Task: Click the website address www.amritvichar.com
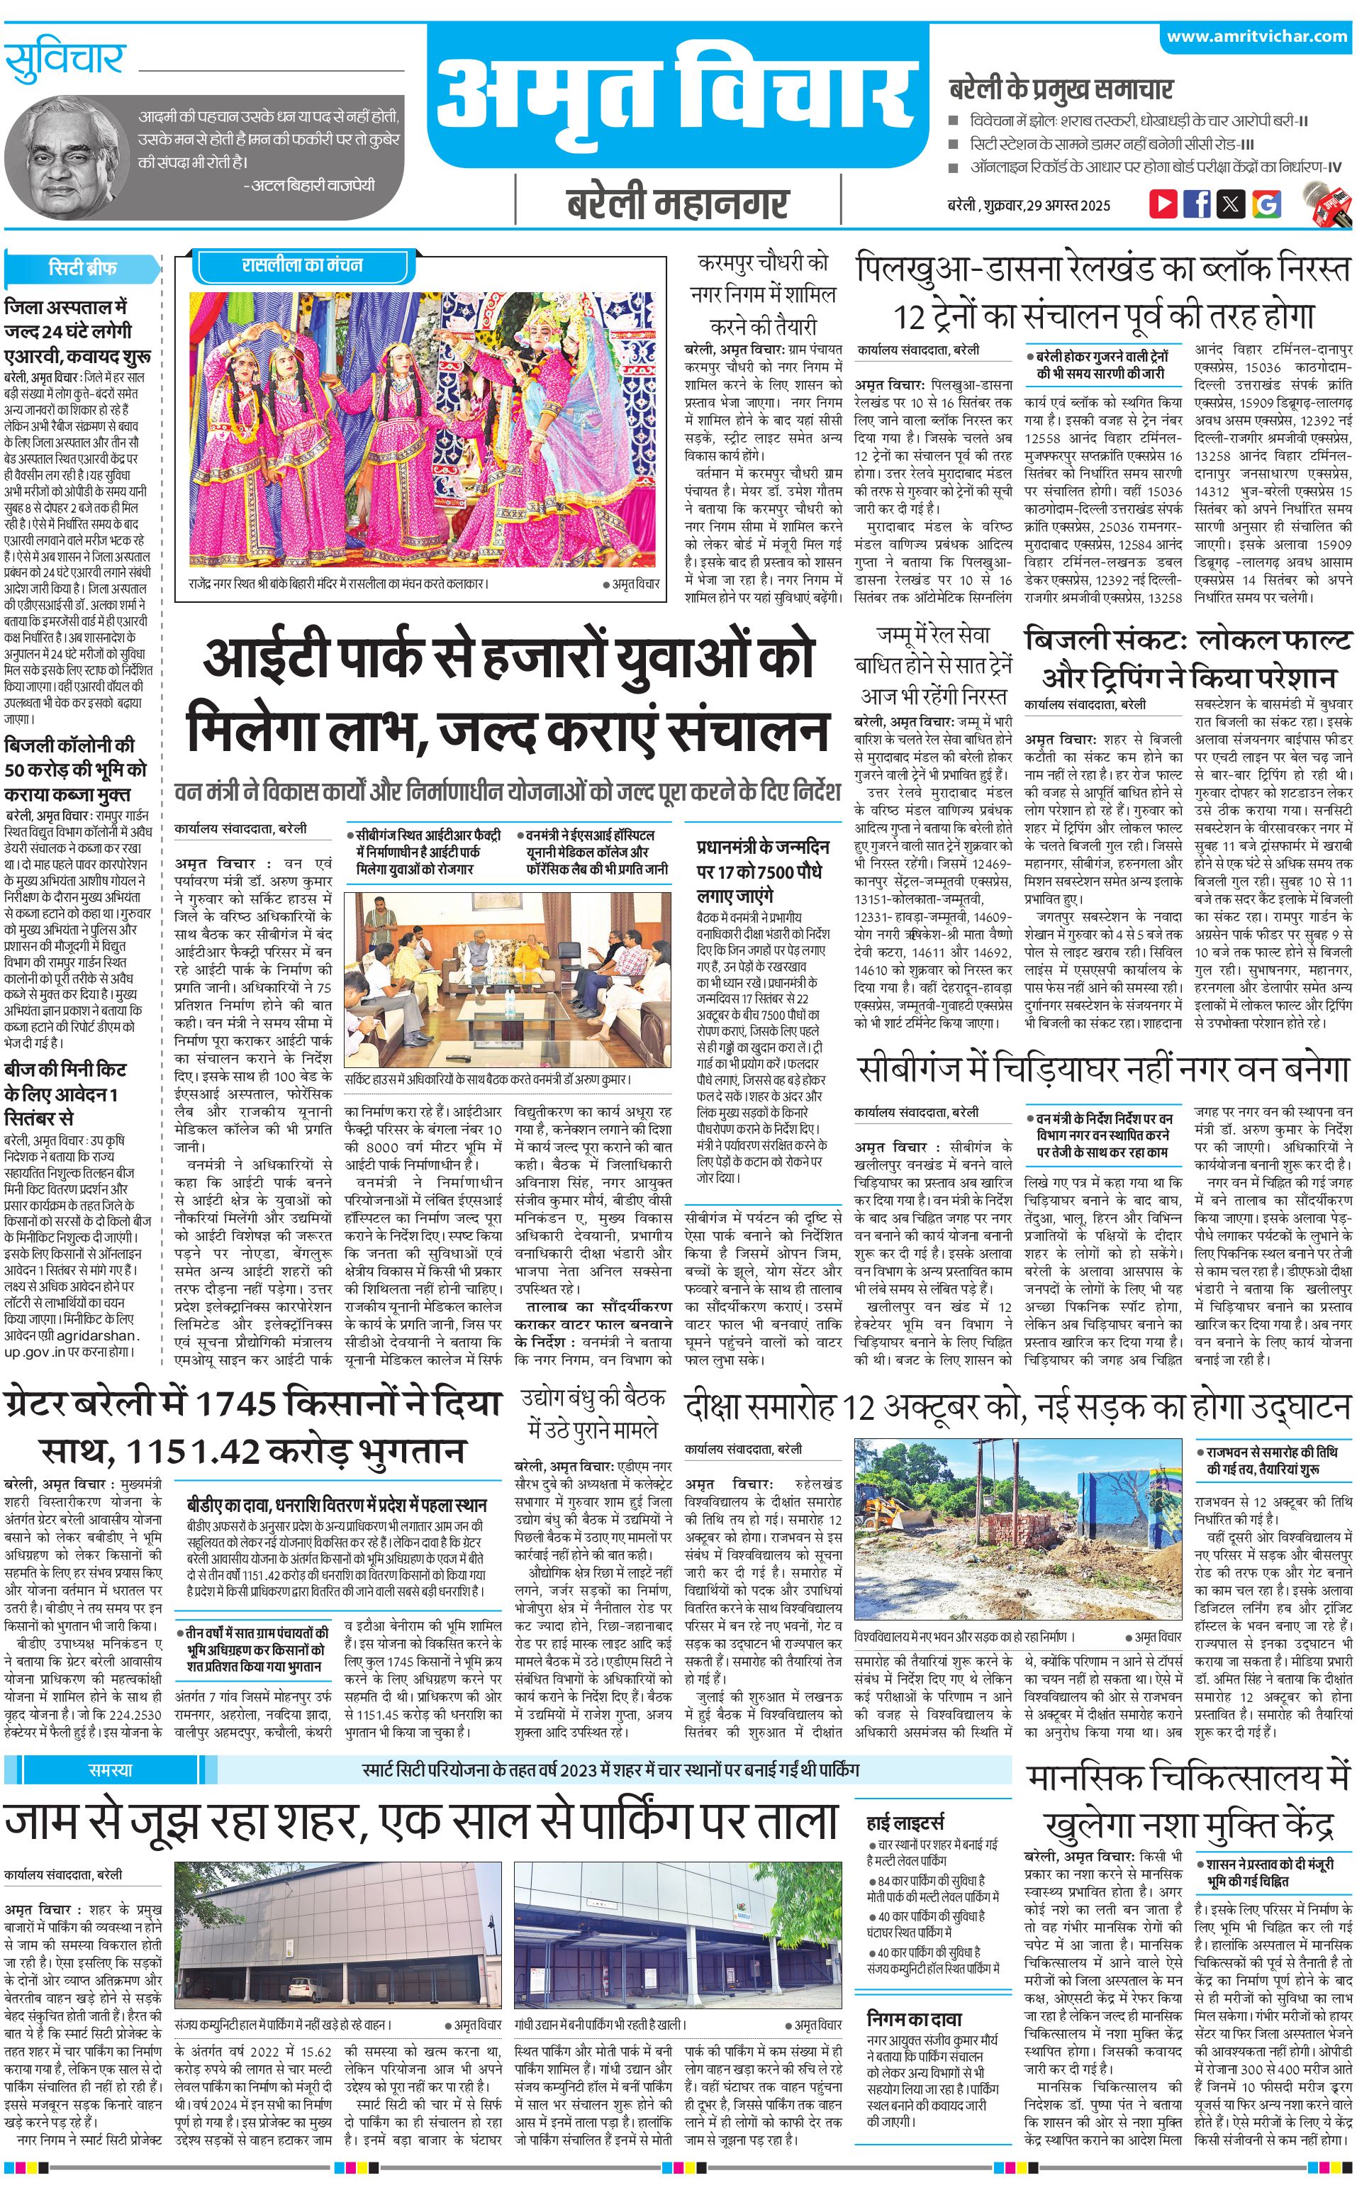(1256, 36)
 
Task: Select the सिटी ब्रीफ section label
(82, 267)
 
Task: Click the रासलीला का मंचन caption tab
(303, 265)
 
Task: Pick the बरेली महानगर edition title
(678, 204)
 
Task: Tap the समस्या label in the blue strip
(111, 1769)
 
